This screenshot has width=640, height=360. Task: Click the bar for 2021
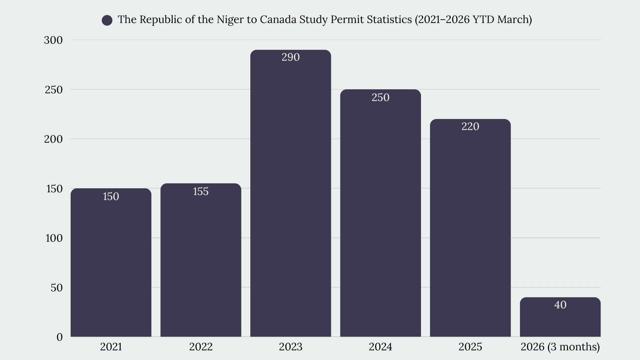click(111, 262)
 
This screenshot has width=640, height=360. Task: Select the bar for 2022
click(201, 260)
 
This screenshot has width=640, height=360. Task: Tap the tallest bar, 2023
click(291, 193)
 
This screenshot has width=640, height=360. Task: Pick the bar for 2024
click(380, 213)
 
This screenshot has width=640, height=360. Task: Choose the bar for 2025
click(470, 228)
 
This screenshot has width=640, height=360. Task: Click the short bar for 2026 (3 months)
click(560, 317)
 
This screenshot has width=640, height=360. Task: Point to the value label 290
click(291, 57)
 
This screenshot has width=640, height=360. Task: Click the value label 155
click(201, 191)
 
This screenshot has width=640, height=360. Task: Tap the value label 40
click(560, 305)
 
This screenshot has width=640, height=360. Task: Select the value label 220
click(470, 126)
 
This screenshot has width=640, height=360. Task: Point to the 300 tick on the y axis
click(53, 40)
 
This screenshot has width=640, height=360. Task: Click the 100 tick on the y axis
click(54, 238)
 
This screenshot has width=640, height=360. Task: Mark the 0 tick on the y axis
click(60, 337)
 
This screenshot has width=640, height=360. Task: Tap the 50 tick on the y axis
click(57, 288)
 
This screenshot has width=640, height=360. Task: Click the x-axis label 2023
click(291, 347)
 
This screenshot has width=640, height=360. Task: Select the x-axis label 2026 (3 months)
click(560, 347)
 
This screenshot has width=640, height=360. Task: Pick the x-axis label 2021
click(111, 347)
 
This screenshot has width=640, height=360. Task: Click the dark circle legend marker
click(107, 20)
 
